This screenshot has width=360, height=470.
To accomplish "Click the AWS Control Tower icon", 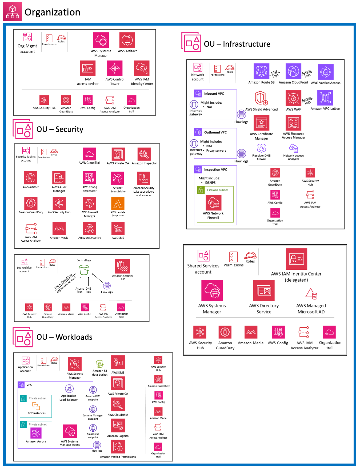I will [x=115, y=68].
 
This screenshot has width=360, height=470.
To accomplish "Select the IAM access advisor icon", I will [x=88, y=68].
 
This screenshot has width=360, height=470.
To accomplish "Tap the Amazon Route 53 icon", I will [x=261, y=71].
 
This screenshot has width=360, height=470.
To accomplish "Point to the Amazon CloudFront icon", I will [x=293, y=71].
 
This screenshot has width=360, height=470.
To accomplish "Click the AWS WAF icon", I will [x=293, y=98].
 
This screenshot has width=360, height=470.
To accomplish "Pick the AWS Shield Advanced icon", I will [x=261, y=98].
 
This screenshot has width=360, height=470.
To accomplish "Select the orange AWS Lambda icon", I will [x=118, y=204].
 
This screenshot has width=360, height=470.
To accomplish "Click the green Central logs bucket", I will [x=84, y=270].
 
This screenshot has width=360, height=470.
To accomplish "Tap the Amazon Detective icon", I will [x=90, y=229].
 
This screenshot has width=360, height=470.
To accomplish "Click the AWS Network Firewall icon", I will [x=213, y=203].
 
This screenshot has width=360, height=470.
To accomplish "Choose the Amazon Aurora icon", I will [x=36, y=433].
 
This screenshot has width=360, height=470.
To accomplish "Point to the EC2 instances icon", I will [x=36, y=406].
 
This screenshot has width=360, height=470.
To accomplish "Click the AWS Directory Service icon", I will [x=264, y=291].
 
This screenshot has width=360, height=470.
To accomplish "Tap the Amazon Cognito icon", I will [x=118, y=426].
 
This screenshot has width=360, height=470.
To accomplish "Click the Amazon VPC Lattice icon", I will [x=325, y=98].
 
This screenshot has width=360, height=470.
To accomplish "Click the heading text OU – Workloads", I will [x=64, y=337].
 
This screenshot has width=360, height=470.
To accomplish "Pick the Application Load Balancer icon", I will [x=69, y=389].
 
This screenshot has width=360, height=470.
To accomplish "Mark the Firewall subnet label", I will [x=218, y=190].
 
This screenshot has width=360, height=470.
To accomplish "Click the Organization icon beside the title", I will [x=13, y=12].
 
